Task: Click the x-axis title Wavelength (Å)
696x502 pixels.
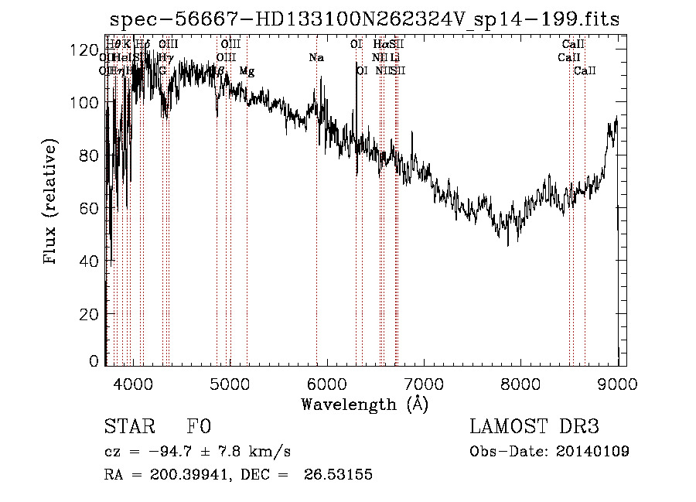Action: pos(364,404)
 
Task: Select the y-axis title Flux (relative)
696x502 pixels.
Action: pos(52,203)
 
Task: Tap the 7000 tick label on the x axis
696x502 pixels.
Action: pos(424,384)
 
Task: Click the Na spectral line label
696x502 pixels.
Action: pos(316,58)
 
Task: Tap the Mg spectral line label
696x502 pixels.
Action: pos(247,71)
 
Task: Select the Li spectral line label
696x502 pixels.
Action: pos(395,58)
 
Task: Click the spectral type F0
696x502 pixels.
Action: pos(199,428)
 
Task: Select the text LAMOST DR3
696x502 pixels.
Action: pos(534,428)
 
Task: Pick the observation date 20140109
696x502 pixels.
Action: pos(592,452)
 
